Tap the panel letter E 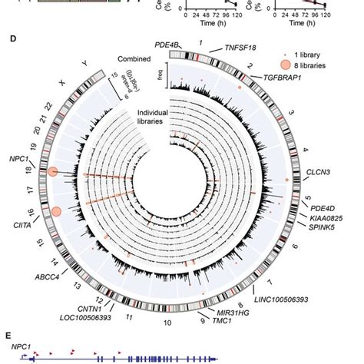(x=8, y=336)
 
